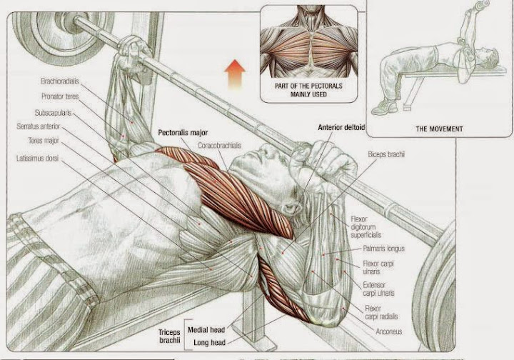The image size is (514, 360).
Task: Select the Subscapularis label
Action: [53, 113]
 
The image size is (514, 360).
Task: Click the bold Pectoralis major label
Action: [182, 133]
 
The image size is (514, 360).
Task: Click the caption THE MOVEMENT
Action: [439, 129]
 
